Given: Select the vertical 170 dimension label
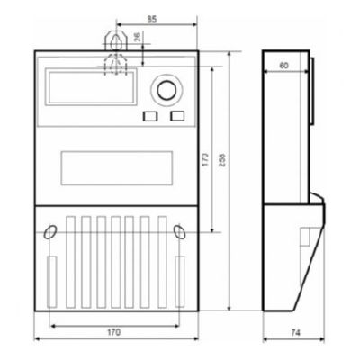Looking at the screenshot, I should coord(206,160).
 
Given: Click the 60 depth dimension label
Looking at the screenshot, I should coord(283,65).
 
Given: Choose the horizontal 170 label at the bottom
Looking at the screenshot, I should coord(112,332).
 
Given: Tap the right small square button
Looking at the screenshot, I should coord(176,115).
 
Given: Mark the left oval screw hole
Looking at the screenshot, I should coord(49,231).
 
